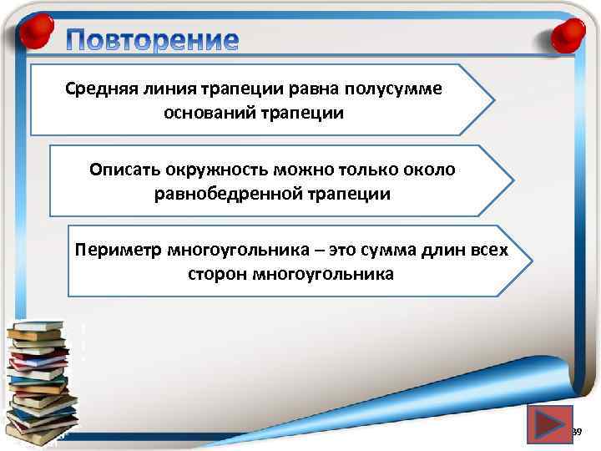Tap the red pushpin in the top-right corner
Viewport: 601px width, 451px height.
click(x=567, y=34)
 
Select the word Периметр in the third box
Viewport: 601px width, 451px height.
click(x=118, y=251)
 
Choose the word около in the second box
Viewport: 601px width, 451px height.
click(x=432, y=170)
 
